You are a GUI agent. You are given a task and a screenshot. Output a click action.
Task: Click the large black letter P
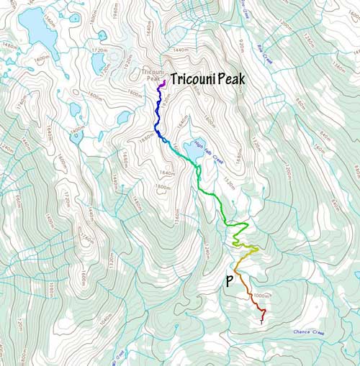pyautogui.click(x=230, y=281)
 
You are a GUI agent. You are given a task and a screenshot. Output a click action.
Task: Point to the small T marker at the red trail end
pyautogui.click(x=261, y=322)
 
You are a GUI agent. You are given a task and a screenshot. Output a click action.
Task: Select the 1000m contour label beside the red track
pyautogui.click(x=261, y=296)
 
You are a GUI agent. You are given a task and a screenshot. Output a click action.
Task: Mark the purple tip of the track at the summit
pyautogui.click(x=164, y=83)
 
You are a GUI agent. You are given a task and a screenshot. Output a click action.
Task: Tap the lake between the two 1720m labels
pyautogui.click(x=99, y=63)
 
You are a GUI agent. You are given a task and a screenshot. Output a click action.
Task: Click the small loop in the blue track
pyautogui.click(x=164, y=139)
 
